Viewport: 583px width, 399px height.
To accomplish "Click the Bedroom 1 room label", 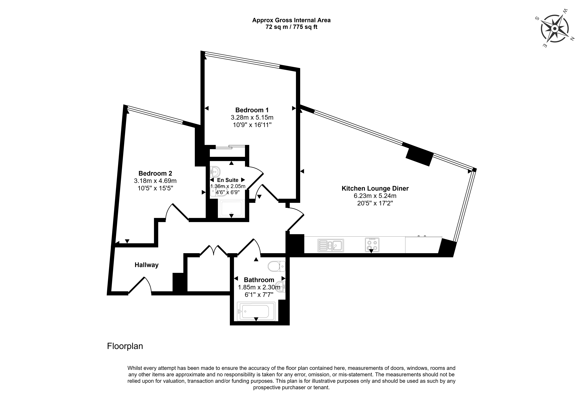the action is point(252,110).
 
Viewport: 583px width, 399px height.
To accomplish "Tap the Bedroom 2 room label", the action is point(155,173).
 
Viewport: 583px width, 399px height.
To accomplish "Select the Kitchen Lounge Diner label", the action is point(375,188).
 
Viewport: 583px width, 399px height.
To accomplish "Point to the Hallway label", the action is point(147,265).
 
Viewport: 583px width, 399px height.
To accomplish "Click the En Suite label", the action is point(228,180).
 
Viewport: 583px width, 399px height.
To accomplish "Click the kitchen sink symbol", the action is point(331,245).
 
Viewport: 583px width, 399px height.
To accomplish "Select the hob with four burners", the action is point(372,245).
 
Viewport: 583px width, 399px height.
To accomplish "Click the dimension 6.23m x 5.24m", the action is point(375,196).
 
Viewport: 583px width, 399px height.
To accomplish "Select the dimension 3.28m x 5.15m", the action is point(252,117).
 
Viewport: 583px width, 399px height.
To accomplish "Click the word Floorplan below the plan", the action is point(125,346).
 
